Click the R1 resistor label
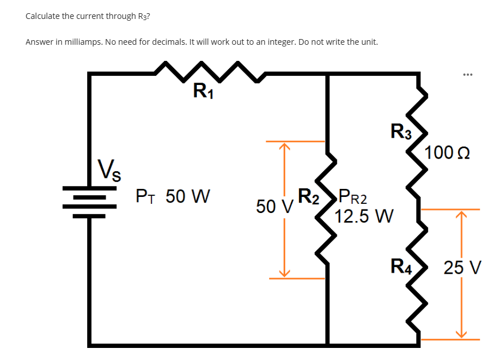click(203, 91)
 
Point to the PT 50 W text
click(172, 197)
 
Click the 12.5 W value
click(364, 216)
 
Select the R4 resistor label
click(401, 266)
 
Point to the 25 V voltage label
click(463, 268)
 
